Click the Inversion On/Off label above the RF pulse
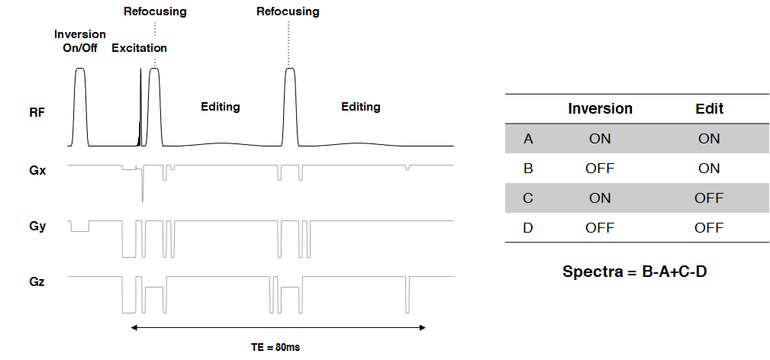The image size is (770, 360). coord(80,41)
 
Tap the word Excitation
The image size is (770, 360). coord(139,48)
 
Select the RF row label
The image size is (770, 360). coord(36,112)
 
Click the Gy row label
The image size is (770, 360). coord(37,227)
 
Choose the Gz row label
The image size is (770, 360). coord(37,282)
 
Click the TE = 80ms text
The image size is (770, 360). coord(275,347)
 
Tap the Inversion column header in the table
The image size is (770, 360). coord(600,108)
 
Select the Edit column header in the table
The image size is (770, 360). coord(710,108)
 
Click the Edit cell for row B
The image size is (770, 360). coord(709,169)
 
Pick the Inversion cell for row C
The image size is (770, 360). coord(600,198)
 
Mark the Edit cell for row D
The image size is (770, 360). coord(709,228)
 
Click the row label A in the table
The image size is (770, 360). coord(528,139)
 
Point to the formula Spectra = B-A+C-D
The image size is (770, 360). coord(635,272)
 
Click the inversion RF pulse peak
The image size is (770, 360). coord(80,69)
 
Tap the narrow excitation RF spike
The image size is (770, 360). coord(140,68)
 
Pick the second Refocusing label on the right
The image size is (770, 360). coord(288,11)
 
